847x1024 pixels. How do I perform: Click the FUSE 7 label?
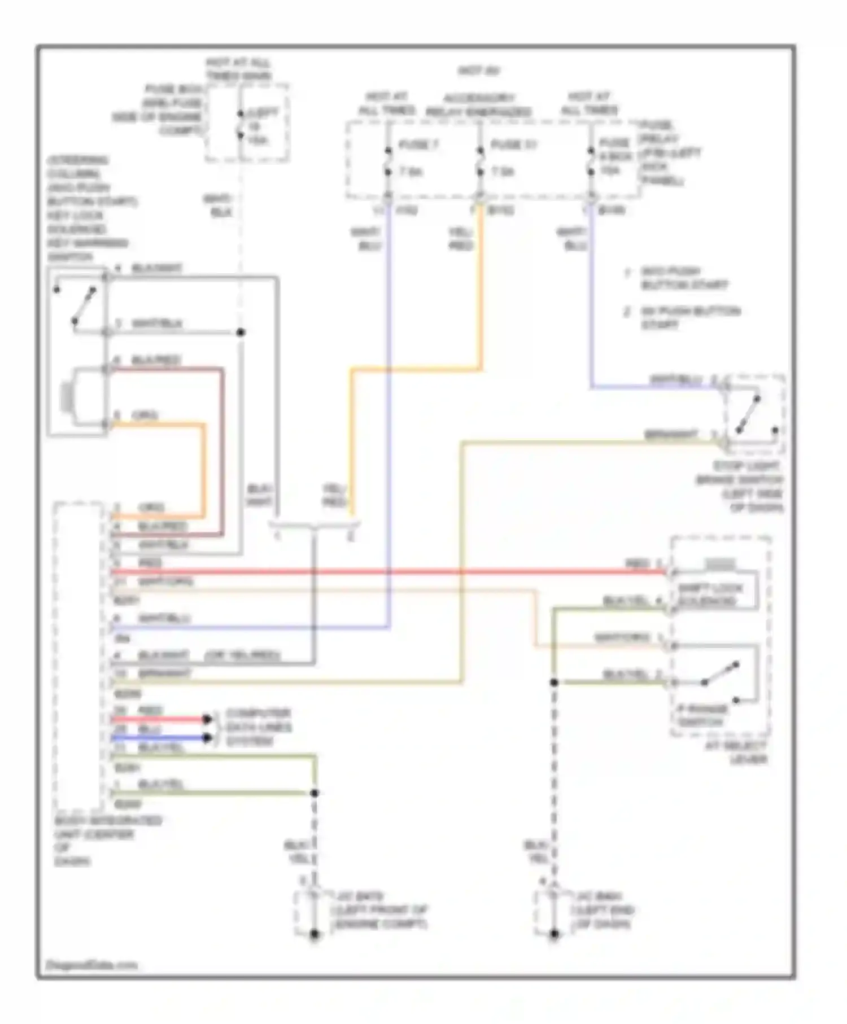click(418, 145)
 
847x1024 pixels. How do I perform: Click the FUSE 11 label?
click(512, 145)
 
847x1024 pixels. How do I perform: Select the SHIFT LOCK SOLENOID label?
click(709, 595)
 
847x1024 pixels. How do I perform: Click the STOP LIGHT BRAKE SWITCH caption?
click(740, 487)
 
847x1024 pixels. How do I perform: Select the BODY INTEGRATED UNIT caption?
click(107, 841)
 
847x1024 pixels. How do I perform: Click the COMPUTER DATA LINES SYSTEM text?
click(258, 727)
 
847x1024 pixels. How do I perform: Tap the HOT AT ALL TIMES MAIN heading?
click(238, 69)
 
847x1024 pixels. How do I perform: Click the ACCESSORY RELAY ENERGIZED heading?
click(478, 105)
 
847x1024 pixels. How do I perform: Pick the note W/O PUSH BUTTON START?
click(683, 278)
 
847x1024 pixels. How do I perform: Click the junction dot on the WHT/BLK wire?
click(241, 332)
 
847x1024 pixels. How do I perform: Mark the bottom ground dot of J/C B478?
click(315, 934)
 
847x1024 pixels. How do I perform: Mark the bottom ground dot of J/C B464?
click(554, 934)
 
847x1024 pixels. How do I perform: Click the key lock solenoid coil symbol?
click(67, 396)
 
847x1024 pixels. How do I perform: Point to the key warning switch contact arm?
click(84, 305)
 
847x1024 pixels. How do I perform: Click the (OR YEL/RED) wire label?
click(242, 656)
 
